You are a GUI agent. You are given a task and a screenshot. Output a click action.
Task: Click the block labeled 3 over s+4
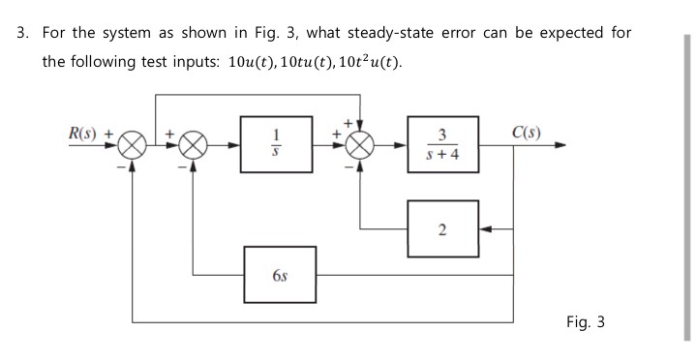point(441,147)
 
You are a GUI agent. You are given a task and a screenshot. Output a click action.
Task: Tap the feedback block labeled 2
point(442,229)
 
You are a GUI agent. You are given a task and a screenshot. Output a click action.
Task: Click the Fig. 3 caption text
point(586,321)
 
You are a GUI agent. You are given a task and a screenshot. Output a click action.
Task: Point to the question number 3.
point(22,33)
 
